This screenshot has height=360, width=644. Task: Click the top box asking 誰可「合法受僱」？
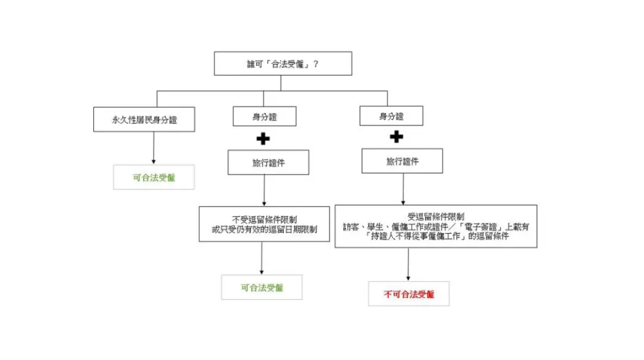[283, 64]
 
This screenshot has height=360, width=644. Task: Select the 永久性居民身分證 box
[144, 120]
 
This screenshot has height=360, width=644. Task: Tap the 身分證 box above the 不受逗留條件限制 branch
[264, 117]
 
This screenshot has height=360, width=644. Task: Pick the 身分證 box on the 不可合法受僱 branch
[391, 116]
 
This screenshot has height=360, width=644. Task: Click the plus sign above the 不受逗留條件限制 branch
[263, 139]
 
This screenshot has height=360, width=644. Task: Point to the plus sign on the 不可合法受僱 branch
[396, 137]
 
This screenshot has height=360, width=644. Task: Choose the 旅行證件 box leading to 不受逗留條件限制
[268, 163]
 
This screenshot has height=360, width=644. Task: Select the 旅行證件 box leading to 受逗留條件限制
[402, 161]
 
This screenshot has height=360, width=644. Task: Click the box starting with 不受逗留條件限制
[264, 224]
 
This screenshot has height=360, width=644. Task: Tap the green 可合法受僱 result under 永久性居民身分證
[154, 178]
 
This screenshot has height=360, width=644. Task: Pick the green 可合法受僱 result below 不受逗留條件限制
[262, 288]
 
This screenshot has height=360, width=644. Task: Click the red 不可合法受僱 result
[409, 294]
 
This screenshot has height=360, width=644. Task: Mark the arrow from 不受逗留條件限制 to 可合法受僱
[262, 258]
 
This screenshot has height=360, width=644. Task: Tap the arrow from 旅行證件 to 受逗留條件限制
[404, 189]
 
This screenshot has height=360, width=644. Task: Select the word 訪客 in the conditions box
[352, 227]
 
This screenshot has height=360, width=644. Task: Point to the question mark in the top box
[316, 64]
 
